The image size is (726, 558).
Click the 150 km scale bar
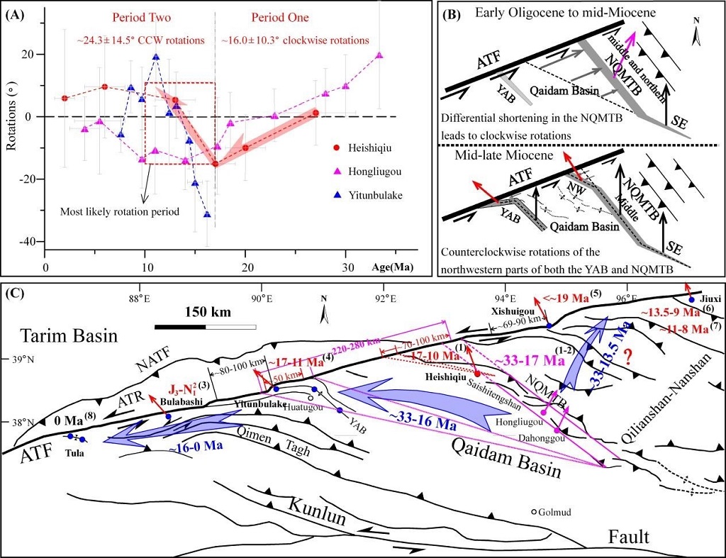(x=205, y=326)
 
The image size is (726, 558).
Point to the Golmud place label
(x=554, y=512)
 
